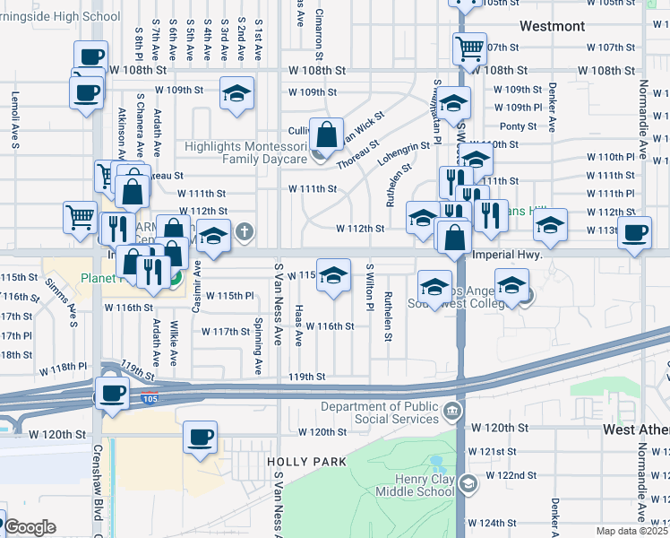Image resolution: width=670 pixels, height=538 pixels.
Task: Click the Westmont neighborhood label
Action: click(552, 26)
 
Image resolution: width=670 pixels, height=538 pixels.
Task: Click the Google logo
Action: click(29, 527)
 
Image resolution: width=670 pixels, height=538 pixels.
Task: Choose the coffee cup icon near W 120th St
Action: click(201, 438)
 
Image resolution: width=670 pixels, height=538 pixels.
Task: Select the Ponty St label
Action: click(518, 126)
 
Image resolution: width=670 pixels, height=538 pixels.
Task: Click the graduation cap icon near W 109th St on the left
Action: click(236, 92)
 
